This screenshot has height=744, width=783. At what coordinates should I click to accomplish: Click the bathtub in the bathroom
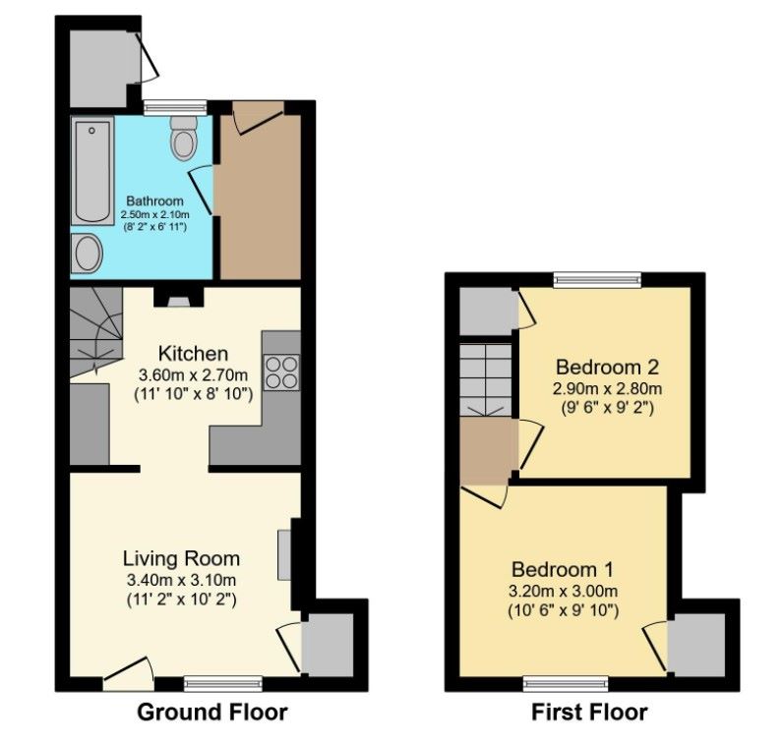(93, 170)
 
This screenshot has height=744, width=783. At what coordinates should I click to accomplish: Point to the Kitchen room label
(194, 353)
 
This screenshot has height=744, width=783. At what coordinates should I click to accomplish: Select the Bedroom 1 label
(563, 569)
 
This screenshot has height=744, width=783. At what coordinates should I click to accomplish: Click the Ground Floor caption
(211, 712)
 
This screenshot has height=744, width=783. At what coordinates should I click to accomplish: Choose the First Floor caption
(589, 712)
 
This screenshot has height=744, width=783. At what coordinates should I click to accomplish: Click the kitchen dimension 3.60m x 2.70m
(194, 374)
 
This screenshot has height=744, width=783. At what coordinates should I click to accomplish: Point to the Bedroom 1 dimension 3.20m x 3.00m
(564, 591)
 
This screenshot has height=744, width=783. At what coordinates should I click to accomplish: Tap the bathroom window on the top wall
(174, 105)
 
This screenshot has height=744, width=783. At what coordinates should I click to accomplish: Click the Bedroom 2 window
(597, 280)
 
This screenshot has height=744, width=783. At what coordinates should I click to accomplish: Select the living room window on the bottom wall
(222, 680)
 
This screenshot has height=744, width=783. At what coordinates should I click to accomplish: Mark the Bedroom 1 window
(564, 680)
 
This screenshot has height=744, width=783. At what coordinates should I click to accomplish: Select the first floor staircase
(488, 378)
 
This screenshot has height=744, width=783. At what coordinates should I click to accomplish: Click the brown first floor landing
(488, 451)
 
